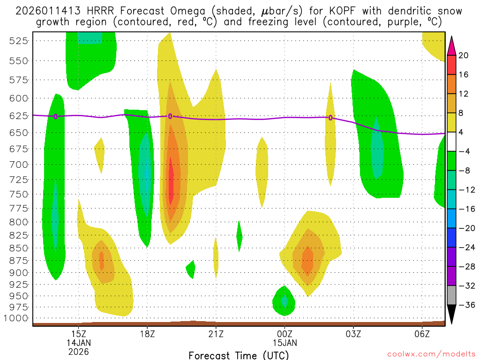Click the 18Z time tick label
coord(147,333)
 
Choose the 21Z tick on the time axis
coord(216,333)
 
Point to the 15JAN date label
coord(285,343)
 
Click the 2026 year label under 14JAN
coord(78,352)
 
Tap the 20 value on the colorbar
coord(464,55)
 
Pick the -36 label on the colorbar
coord(465,305)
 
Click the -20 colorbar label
coord(465,228)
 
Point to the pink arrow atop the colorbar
coord(451,45)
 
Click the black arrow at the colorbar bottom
coord(451,314)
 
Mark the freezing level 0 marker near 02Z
coord(330,118)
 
